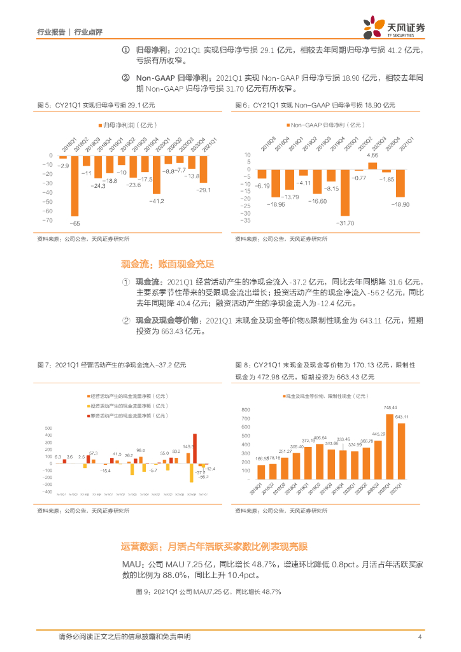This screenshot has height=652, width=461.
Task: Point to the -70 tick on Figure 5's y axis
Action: pyautogui.click(x=47, y=220)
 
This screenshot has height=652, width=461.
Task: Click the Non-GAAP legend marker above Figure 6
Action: pyautogui.click(x=287, y=124)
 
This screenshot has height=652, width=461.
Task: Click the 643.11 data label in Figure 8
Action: pyautogui.click(x=402, y=417)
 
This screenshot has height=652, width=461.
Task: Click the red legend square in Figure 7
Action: pyautogui.click(x=88, y=415)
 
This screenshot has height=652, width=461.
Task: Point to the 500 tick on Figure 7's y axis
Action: pyautogui.click(x=47, y=427)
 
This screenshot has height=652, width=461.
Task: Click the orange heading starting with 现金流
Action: pyautogui.click(x=167, y=264)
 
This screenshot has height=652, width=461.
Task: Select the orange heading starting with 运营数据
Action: pyautogui.click(x=214, y=546)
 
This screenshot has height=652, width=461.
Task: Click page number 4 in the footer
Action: pyautogui.click(x=420, y=637)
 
